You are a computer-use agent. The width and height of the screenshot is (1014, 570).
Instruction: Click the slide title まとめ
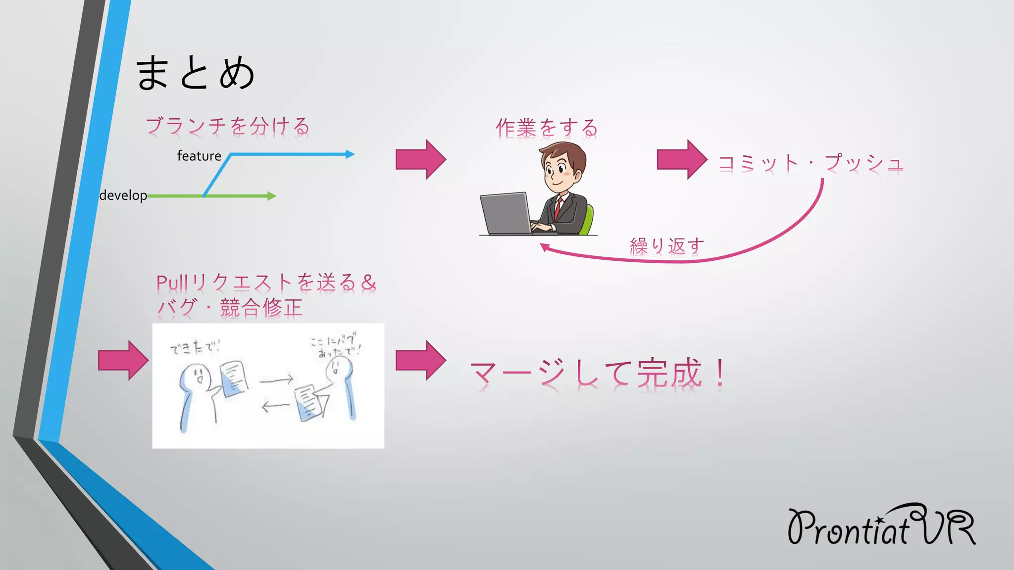(x=195, y=73)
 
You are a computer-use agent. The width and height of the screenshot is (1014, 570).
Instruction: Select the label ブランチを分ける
(x=227, y=126)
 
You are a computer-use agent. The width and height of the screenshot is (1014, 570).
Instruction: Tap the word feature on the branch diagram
(x=199, y=156)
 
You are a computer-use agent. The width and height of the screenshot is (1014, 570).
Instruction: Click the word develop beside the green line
(x=123, y=195)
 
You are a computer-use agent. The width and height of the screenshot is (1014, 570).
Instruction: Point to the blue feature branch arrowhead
(x=350, y=154)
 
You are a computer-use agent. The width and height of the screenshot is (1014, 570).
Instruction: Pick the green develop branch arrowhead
(x=271, y=196)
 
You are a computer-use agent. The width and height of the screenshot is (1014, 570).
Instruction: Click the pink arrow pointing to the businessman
(x=420, y=159)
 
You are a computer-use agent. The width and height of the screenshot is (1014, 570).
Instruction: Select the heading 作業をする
(x=547, y=128)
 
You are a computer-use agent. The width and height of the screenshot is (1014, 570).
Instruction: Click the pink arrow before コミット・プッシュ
(x=681, y=159)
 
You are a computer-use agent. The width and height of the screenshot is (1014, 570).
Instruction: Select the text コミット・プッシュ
(x=811, y=163)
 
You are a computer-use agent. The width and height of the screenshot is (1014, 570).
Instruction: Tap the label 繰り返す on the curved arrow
(x=666, y=246)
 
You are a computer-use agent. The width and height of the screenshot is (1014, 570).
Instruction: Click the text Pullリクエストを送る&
(x=266, y=283)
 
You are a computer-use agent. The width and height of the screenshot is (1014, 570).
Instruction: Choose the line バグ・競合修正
(x=229, y=308)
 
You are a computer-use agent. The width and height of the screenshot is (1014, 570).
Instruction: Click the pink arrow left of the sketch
(x=123, y=360)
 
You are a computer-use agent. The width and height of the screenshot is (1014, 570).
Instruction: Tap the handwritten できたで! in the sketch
(x=195, y=347)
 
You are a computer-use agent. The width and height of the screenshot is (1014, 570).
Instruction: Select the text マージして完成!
(x=598, y=374)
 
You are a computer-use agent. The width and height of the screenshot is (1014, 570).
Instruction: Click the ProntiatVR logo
(x=881, y=526)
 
